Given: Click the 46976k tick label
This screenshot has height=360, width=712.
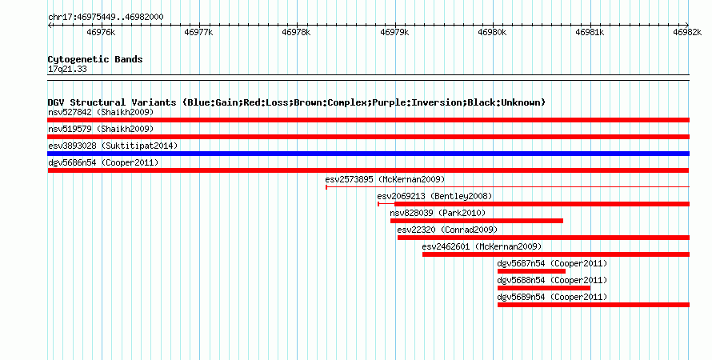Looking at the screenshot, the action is (x=101, y=32).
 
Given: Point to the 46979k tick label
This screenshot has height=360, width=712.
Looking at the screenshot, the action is (x=394, y=32).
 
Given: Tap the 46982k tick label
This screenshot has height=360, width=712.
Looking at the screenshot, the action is (x=687, y=32).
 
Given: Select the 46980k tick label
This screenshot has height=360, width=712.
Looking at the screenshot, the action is (x=492, y=32).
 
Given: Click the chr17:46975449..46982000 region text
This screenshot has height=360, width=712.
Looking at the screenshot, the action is (x=106, y=18).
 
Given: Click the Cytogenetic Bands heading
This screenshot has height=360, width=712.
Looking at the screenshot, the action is (x=95, y=59).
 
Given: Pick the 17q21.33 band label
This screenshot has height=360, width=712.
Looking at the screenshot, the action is (x=67, y=70).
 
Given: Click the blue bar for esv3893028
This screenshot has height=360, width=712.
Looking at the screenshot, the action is (x=368, y=154).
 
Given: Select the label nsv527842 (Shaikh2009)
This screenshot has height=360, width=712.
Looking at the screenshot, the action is (x=101, y=112).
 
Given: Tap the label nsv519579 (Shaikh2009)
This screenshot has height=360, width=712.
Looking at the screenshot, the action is (x=101, y=129).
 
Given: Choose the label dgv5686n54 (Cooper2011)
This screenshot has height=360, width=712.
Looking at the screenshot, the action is (x=103, y=162).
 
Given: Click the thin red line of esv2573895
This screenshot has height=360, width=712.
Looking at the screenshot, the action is (x=508, y=186).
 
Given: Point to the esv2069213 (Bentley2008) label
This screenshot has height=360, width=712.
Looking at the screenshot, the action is (x=434, y=197).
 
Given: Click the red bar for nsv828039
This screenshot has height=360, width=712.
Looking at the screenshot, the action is (x=477, y=221).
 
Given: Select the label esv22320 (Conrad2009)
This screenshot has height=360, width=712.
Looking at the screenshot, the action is (x=447, y=230).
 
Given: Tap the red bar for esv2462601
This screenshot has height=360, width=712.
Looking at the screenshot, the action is (x=556, y=254).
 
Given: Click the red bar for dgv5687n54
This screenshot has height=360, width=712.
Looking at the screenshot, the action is (x=531, y=271).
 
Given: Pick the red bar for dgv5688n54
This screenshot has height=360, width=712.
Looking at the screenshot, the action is (x=544, y=288).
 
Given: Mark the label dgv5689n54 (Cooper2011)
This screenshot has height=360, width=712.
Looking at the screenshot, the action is (x=552, y=298).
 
